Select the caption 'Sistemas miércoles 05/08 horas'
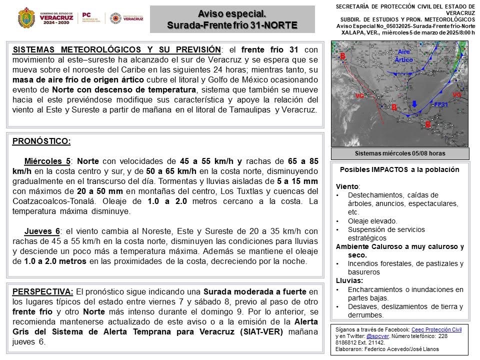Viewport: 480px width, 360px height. [400, 153]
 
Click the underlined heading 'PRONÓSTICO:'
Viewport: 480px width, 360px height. [41, 141]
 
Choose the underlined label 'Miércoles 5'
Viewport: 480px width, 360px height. [47, 161]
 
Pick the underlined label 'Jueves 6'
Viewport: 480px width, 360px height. [42, 231]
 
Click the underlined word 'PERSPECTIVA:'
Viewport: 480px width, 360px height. [43, 291]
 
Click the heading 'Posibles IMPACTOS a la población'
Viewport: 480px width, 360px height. [399, 169]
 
